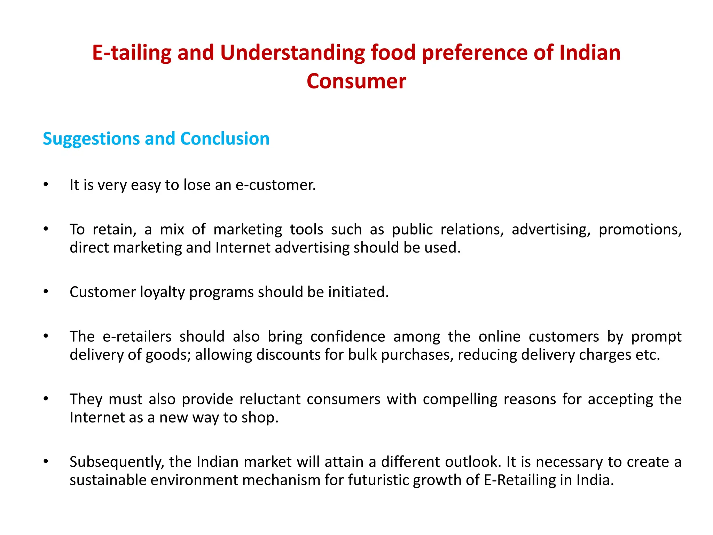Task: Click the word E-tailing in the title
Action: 132,53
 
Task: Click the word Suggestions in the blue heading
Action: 91,139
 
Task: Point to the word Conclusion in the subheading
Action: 225,139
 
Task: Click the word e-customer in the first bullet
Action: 275,185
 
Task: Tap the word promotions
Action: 640,230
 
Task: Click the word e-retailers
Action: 137,337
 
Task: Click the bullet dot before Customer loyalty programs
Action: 46,292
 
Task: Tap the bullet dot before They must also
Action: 46,399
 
